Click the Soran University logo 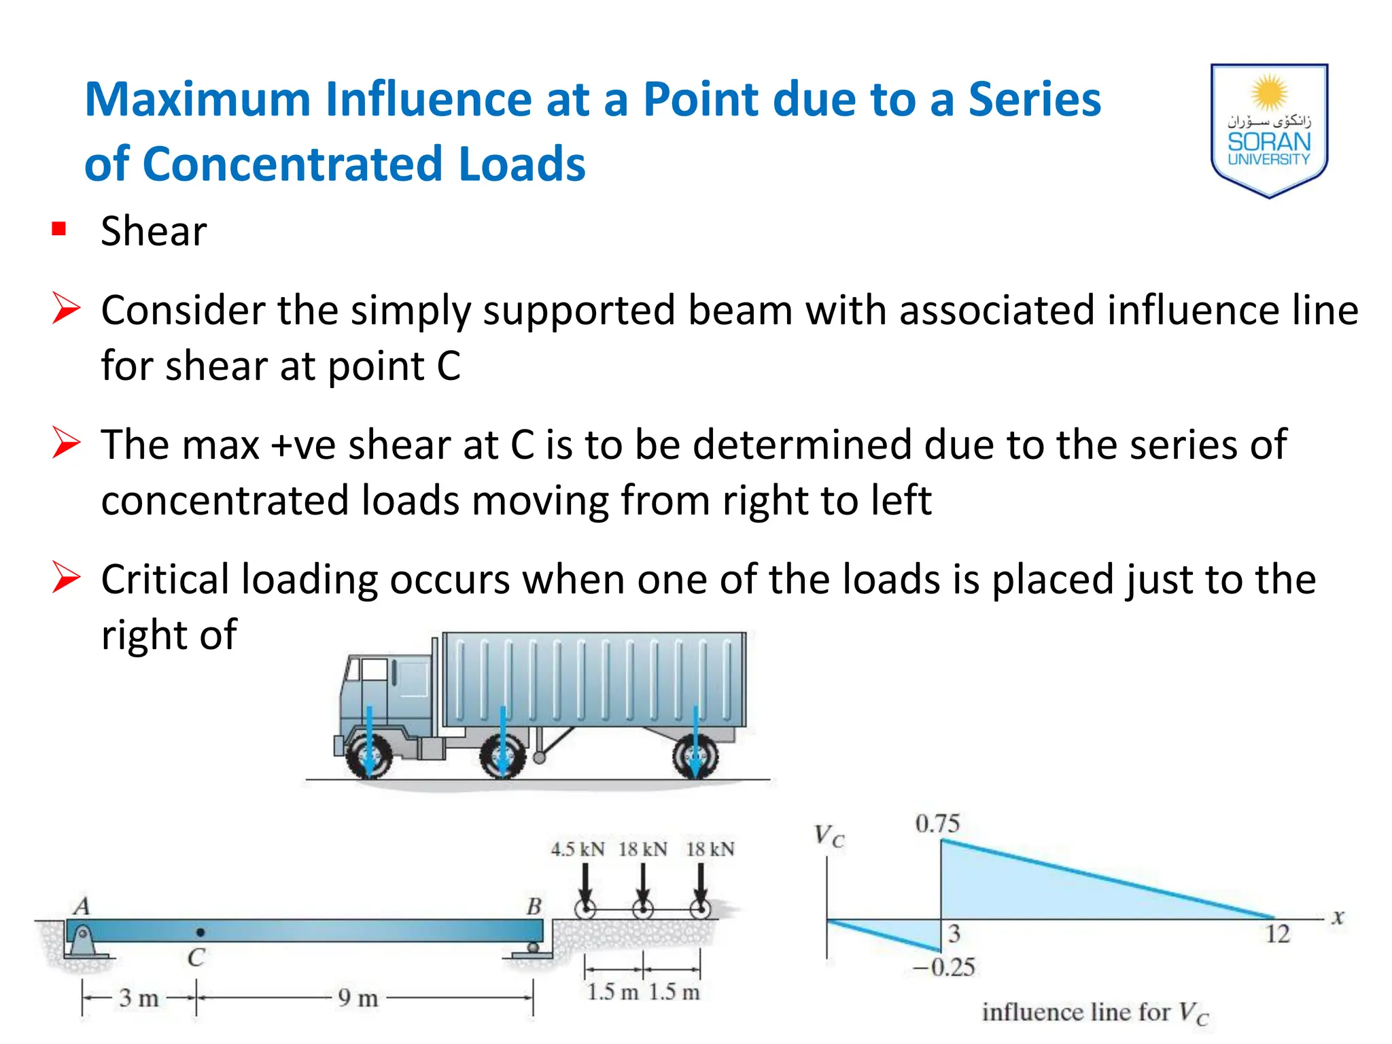pyautogui.click(x=1269, y=129)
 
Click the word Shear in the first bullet pyautogui.click(x=154, y=231)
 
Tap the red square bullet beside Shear pyautogui.click(x=59, y=229)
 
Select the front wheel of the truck pyautogui.click(x=368, y=756)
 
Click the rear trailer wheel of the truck pyautogui.click(x=695, y=756)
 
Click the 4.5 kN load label pyautogui.click(x=577, y=849)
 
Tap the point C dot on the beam pyautogui.click(x=200, y=932)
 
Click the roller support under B pyautogui.click(x=534, y=948)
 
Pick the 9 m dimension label pyautogui.click(x=358, y=998)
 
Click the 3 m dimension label pyautogui.click(x=139, y=998)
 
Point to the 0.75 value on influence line pyautogui.click(x=937, y=823)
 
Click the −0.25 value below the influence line pyautogui.click(x=944, y=967)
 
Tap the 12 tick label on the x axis pyautogui.click(x=1277, y=934)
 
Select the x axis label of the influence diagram pyautogui.click(x=1338, y=918)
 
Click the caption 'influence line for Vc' pyautogui.click(x=1095, y=1013)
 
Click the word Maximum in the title pyautogui.click(x=198, y=100)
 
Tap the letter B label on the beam pyautogui.click(x=534, y=906)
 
